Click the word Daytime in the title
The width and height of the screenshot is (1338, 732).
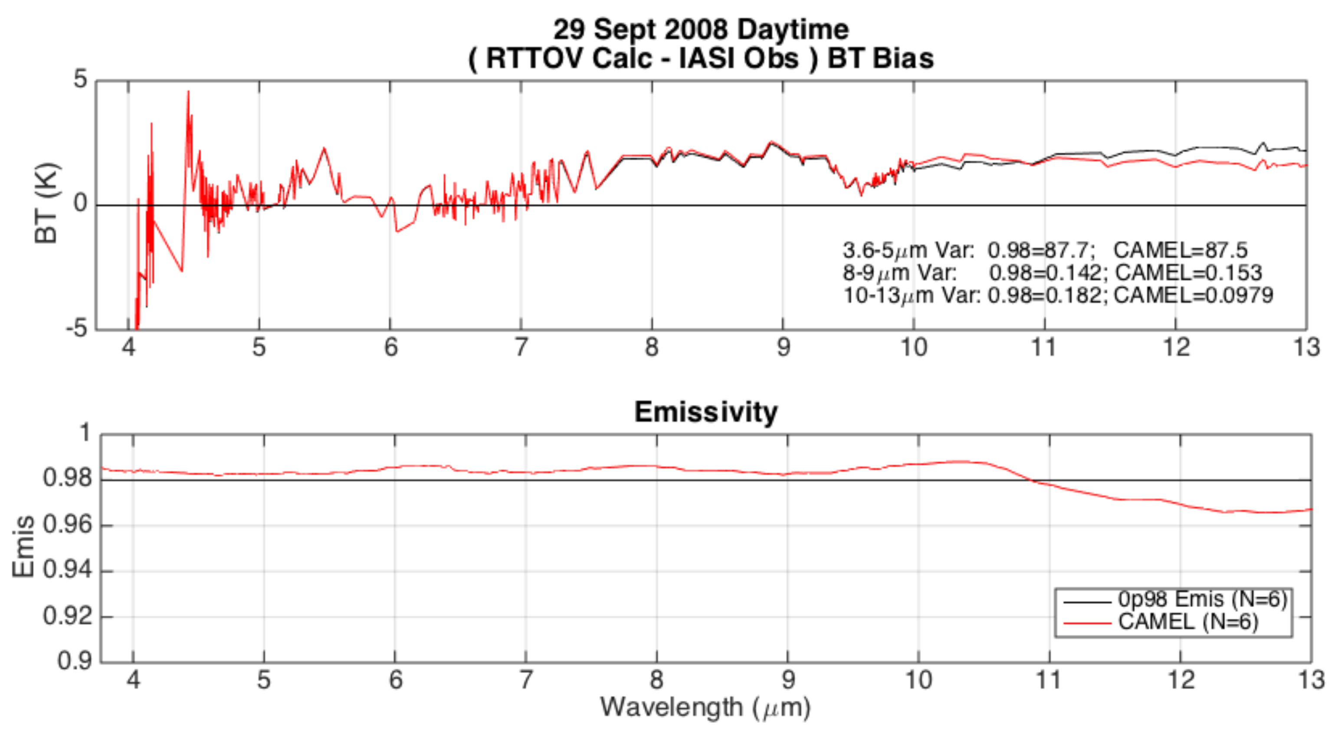click(x=793, y=29)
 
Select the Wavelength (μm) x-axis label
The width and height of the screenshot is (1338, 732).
click(x=705, y=707)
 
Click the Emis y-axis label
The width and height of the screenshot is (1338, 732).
click(x=23, y=547)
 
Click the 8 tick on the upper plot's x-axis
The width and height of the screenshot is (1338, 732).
click(x=652, y=347)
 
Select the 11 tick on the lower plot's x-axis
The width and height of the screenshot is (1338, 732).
click(x=1048, y=680)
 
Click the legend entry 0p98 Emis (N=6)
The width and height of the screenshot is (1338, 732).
click(x=1202, y=600)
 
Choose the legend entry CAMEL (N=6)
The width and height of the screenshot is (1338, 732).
click(x=1187, y=622)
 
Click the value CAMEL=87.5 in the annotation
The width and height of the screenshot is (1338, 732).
click(x=1180, y=250)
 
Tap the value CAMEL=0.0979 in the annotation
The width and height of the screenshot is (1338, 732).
click(x=1193, y=295)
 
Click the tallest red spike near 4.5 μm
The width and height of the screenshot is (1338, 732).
click(x=189, y=92)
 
